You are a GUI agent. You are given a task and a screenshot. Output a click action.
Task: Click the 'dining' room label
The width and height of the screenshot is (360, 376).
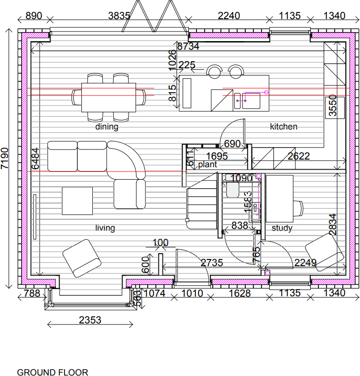pos(106,127)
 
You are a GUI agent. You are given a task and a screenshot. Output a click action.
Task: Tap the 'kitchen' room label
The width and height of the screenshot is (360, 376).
pos(284,127)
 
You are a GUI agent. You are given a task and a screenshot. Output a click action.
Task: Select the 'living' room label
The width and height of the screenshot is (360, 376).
pos(105,228)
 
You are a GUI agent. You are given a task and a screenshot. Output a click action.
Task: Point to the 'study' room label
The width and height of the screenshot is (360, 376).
pos(282,228)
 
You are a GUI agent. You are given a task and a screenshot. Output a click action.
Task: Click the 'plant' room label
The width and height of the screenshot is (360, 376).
pos(207,164)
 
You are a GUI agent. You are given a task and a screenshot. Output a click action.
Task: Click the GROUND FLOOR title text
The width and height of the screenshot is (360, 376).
pos(53,372)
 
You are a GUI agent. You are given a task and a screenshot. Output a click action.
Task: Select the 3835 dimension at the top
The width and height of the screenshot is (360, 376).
pos(119,16)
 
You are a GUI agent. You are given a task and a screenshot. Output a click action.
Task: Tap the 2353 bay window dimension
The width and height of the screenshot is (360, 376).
pos(90,320)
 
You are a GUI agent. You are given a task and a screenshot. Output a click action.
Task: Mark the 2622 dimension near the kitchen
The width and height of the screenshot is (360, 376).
pos(298,156)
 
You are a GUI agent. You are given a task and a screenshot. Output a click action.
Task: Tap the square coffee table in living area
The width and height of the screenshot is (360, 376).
pos(77,201)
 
